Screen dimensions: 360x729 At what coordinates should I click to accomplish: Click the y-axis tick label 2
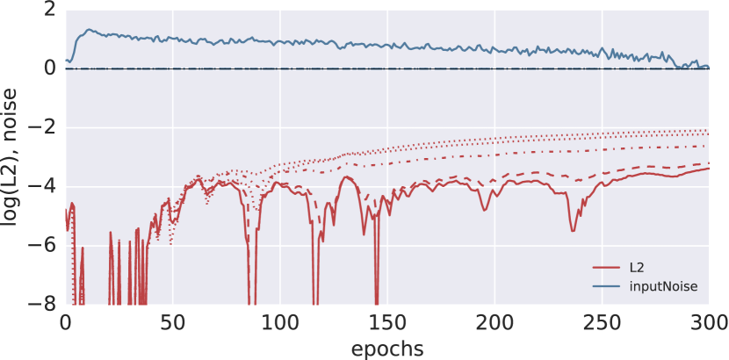point(47,11)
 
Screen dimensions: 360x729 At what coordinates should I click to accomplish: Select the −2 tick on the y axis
point(41,127)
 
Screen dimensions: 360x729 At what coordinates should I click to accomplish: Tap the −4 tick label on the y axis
point(41,186)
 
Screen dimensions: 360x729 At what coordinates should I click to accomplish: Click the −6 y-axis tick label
point(41,245)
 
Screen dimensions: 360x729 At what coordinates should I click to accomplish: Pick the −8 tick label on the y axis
point(41,304)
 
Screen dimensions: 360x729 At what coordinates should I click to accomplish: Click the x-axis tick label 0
point(65,323)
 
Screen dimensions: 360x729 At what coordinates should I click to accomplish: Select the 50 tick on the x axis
point(172,323)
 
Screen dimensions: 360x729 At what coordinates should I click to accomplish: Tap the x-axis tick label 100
point(279,323)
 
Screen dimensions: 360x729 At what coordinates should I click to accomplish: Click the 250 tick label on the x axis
point(601,323)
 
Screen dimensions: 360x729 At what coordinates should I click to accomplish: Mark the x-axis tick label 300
point(708,323)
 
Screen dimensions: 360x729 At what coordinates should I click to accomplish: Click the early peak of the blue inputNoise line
point(88,30)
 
